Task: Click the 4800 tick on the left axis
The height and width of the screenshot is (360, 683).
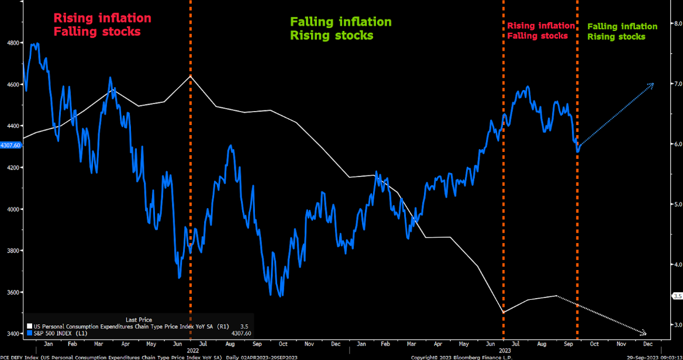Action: (x=11, y=43)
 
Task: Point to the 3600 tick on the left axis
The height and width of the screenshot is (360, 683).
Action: (x=11, y=292)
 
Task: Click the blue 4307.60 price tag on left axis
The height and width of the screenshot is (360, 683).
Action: (x=11, y=145)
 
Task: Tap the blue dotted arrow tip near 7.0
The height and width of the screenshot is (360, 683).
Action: (x=651, y=85)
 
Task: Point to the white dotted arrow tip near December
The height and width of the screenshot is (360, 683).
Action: (x=644, y=333)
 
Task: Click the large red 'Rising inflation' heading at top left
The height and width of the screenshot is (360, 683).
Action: (x=102, y=19)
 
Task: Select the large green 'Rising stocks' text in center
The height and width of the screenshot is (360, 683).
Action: (x=332, y=36)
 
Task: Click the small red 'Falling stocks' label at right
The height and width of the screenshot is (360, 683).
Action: (x=537, y=36)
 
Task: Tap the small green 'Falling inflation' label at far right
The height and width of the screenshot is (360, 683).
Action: (x=622, y=26)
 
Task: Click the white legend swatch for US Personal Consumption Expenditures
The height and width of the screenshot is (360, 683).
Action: (x=29, y=326)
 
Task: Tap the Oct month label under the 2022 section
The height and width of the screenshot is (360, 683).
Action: (x=283, y=344)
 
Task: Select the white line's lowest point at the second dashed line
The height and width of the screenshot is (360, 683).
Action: (x=503, y=312)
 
